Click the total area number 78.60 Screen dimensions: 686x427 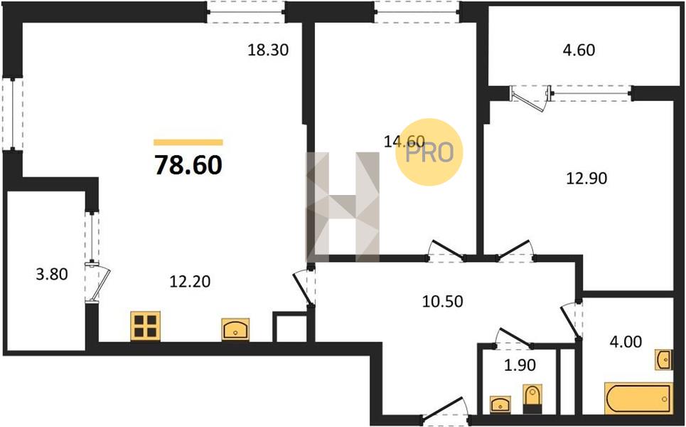(x=188, y=165)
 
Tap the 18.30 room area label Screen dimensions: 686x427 (x=268, y=50)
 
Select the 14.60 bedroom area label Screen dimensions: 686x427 (x=404, y=141)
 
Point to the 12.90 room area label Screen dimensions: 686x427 (x=586, y=178)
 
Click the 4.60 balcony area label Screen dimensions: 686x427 (x=579, y=50)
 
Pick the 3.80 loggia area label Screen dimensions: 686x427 (x=52, y=275)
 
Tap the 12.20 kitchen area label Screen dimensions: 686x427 (x=190, y=281)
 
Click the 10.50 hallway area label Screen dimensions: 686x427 (x=442, y=301)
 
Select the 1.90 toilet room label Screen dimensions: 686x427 (x=520, y=365)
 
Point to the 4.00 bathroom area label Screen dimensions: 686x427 (x=626, y=341)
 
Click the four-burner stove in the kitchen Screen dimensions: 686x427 (x=145, y=326)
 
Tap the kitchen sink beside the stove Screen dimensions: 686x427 (x=235, y=330)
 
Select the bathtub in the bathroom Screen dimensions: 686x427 (x=638, y=398)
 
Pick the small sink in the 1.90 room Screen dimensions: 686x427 (x=500, y=404)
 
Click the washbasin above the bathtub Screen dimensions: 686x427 (x=663, y=359)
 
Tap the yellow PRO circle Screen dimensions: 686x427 (x=429, y=152)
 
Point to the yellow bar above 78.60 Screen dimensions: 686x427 (x=188, y=142)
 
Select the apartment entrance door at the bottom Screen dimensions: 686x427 (x=444, y=410)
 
